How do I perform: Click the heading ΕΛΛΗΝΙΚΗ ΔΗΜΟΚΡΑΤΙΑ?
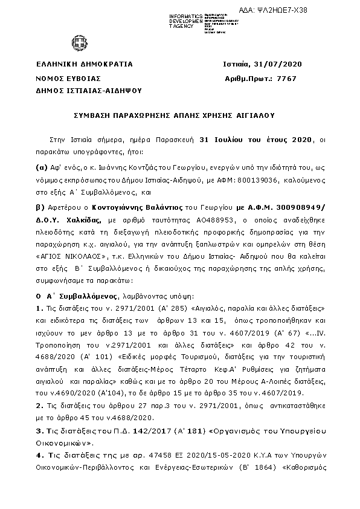[x=85, y=65]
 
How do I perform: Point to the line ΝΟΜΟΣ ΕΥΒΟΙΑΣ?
[x=68, y=78]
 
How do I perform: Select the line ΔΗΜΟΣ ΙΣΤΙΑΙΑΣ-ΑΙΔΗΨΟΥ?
[x=89, y=91]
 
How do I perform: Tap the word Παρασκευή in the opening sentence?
[x=177, y=140]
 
